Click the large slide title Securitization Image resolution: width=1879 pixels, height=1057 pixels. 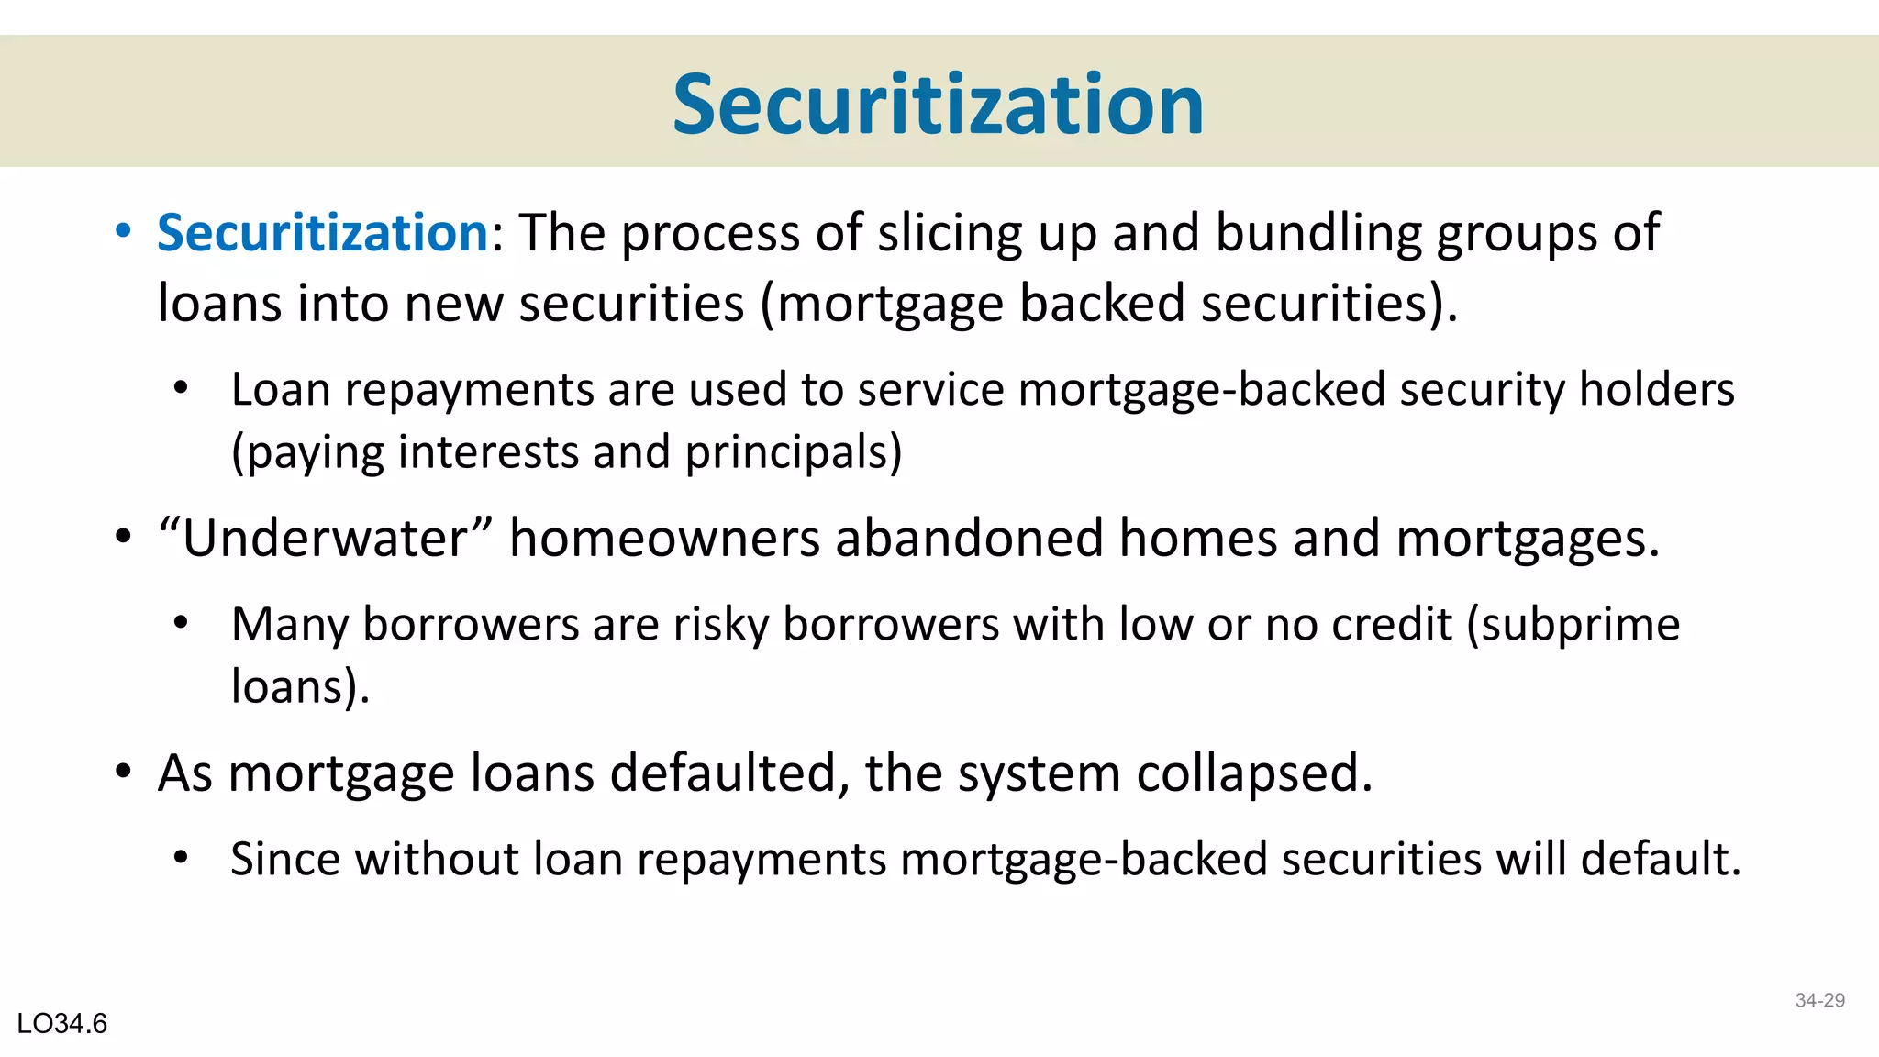(x=938, y=105)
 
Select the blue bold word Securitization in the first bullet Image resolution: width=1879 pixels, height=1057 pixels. (x=323, y=232)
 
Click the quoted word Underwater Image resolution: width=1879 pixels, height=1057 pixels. (x=326, y=538)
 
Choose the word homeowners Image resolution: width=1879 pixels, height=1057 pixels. (x=664, y=538)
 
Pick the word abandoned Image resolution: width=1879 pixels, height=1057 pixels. (x=969, y=538)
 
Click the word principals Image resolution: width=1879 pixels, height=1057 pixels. (x=794, y=452)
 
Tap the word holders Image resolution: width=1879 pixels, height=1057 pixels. (x=1656, y=390)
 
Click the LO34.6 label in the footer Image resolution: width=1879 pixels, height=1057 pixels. (x=62, y=1023)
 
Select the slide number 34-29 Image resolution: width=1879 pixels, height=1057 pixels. (x=1819, y=1000)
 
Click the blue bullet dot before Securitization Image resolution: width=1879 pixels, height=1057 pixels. (x=123, y=232)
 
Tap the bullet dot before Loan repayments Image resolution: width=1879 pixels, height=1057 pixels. (x=181, y=389)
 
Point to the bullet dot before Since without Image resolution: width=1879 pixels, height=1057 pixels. (x=181, y=859)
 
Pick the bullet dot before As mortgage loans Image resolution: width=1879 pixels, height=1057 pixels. (x=123, y=773)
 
